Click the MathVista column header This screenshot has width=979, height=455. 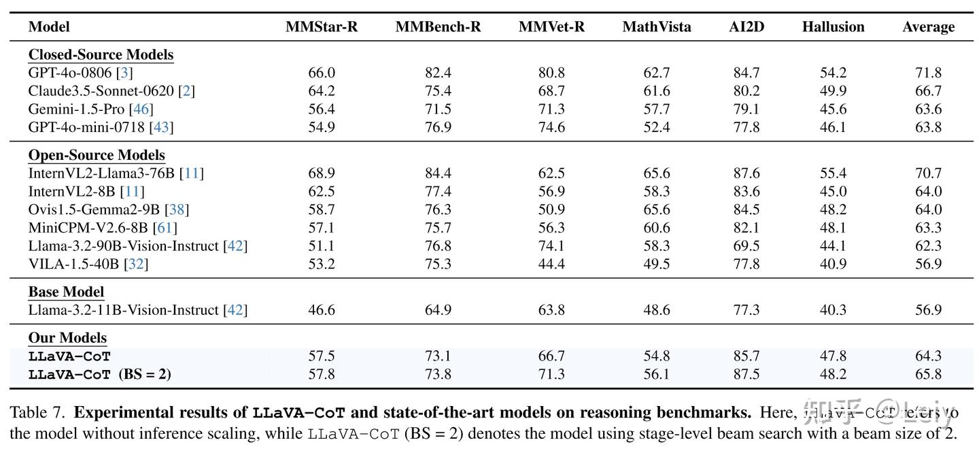pos(656,27)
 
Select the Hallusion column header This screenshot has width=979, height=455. pos(833,27)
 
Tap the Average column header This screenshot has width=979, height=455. pos(928,27)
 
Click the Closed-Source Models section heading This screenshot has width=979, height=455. pos(101,55)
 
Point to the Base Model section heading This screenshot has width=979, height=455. pos(66,292)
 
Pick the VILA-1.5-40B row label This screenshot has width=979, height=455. pos(73,264)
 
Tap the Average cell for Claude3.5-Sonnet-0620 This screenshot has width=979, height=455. pos(928,91)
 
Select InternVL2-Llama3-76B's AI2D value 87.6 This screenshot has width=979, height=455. pos(746,173)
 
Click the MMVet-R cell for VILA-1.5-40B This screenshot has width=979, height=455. pos(551,264)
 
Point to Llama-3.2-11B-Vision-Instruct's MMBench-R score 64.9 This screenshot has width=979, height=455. pos(438,311)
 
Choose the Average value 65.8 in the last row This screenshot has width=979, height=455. pos(928,374)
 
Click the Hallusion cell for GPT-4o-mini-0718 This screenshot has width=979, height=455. pos(833,127)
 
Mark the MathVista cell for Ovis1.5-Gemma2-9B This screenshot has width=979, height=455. pos(656,209)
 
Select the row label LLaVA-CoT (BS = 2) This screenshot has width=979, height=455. pos(99,374)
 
